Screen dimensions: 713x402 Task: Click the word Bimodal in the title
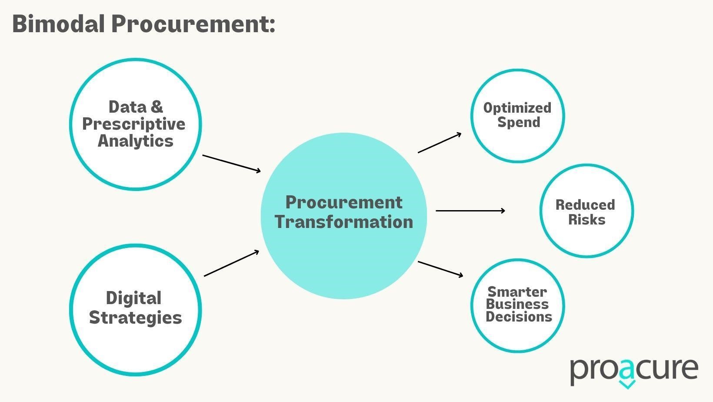pos(59,24)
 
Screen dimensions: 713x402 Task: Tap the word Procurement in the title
pos(193,24)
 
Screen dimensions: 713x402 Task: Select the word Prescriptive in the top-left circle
pos(134,124)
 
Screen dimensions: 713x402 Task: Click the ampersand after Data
pos(157,107)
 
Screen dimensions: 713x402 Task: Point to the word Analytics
pos(136,141)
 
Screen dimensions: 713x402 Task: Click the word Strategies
pos(136,318)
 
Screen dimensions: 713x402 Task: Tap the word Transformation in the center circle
pos(344,222)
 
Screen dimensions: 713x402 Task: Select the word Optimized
pos(517,108)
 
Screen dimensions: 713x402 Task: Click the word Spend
pos(519,122)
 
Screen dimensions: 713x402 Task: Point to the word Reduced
pos(585,205)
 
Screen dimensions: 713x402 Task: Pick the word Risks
pos(587,219)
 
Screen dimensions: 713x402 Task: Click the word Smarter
pos(517,292)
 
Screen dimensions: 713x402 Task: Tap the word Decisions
pos(519,317)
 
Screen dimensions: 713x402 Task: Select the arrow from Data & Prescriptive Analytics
pos(231,164)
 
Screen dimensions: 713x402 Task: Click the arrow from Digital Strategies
pos(231,264)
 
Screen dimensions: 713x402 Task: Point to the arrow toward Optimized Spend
pos(440,143)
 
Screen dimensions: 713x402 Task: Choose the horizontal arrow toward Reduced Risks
pos(470,211)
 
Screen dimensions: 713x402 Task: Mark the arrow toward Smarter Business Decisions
pos(440,269)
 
